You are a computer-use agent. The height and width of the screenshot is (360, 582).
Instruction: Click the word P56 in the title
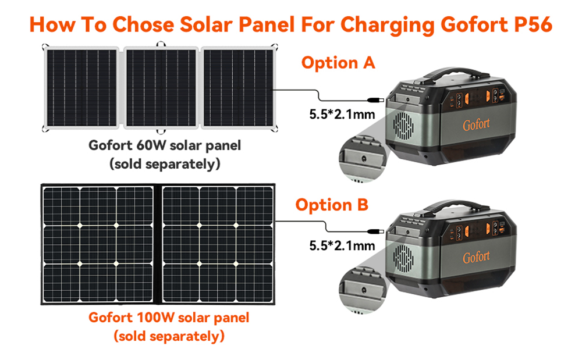click(x=533, y=25)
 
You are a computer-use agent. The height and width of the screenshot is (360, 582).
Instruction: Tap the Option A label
click(x=338, y=62)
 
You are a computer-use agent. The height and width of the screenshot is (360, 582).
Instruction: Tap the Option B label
click(x=332, y=205)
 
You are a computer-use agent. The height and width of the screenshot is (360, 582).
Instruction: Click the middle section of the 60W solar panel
click(x=161, y=88)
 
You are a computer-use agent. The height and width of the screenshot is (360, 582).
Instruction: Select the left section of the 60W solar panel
click(x=81, y=88)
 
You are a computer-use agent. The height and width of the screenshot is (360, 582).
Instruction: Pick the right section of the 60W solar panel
click(x=238, y=88)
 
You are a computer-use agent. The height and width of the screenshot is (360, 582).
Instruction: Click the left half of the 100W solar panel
click(x=98, y=244)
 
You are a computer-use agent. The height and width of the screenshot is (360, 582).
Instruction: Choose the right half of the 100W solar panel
click(x=218, y=244)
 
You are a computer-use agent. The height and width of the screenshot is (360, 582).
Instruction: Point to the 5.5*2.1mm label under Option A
click(x=342, y=114)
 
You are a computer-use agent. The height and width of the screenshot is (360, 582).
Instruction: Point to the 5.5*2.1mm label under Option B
click(x=342, y=245)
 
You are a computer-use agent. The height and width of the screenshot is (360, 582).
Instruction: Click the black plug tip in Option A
click(x=375, y=99)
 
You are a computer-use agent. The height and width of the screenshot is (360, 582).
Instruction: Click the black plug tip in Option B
click(x=375, y=231)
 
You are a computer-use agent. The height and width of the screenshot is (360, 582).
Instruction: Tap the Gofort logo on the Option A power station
click(x=476, y=124)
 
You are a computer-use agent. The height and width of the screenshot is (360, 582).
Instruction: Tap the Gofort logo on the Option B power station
click(x=476, y=256)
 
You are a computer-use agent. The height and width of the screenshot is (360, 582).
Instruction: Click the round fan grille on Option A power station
click(x=403, y=126)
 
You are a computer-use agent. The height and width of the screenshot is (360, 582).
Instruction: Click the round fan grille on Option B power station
click(x=403, y=258)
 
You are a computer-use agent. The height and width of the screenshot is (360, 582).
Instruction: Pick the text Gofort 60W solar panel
click(x=165, y=145)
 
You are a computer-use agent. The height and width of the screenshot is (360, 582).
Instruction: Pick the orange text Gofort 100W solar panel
click(x=169, y=318)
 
